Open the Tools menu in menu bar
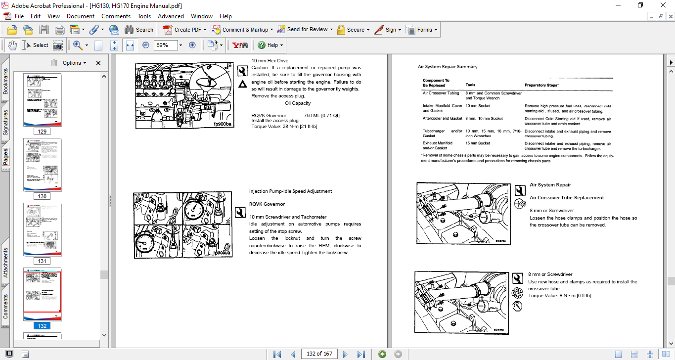(144, 16)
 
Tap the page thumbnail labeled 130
(42, 165)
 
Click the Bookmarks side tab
(5, 82)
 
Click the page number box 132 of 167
(319, 354)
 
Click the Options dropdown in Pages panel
(74, 63)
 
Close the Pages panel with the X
(98, 63)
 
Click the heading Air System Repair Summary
(448, 67)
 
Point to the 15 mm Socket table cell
(478, 143)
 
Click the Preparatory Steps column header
(541, 85)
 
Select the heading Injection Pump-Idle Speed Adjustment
(290, 191)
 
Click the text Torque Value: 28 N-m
(284, 127)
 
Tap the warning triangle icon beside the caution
(242, 85)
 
